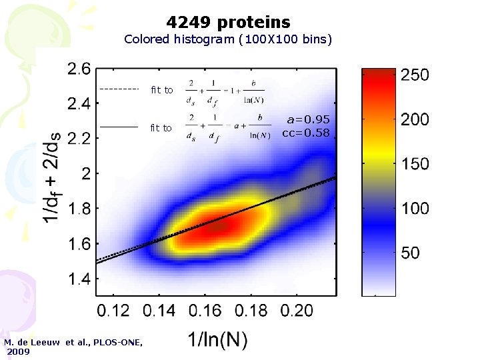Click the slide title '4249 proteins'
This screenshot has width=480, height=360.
pos(229,23)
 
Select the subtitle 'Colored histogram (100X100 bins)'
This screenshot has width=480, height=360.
pos(228,39)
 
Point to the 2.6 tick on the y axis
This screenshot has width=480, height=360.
pos(79,69)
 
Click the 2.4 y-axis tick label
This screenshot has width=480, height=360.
pos(79,104)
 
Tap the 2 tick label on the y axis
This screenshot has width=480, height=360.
pos(86,173)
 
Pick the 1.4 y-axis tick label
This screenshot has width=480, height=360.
pos(79,279)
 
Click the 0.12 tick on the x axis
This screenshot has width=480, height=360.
pos(113,310)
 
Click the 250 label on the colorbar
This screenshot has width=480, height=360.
pos(414,75)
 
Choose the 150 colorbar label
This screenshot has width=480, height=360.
pos(414,164)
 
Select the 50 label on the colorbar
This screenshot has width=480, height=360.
pos(411,253)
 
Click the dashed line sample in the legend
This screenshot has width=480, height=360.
pos(118,89)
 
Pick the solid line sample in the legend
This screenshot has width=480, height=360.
pos(118,127)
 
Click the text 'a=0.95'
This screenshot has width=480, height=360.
pos(307,120)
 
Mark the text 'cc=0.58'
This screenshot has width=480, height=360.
pos(306,133)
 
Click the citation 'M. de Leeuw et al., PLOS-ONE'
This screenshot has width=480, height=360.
pos(73,342)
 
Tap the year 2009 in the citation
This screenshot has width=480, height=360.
pos(18,351)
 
